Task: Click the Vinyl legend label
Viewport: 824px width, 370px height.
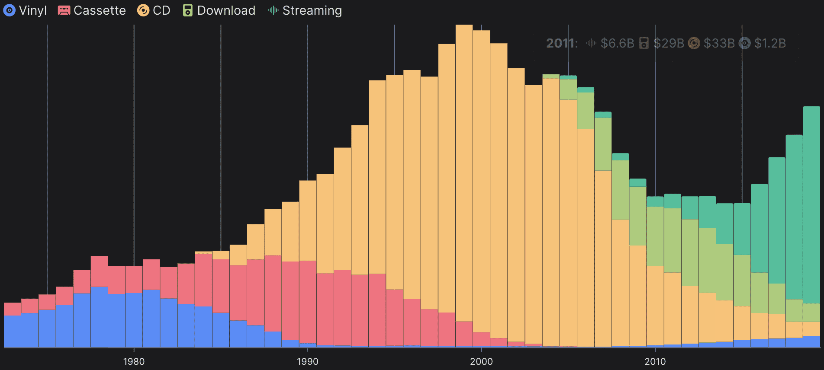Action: pyautogui.click(x=32, y=10)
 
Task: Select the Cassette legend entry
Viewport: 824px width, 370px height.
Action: pyautogui.click(x=99, y=10)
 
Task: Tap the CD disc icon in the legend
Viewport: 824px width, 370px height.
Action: pyautogui.click(x=143, y=10)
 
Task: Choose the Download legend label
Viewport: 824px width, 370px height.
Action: pyautogui.click(x=226, y=10)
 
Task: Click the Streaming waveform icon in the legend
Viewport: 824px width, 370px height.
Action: pyautogui.click(x=273, y=10)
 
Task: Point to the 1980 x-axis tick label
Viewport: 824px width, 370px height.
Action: pyautogui.click(x=134, y=361)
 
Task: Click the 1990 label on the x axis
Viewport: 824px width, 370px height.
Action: pyautogui.click(x=308, y=361)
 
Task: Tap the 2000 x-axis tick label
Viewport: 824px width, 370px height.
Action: pyautogui.click(x=481, y=361)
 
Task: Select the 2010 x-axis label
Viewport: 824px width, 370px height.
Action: pyautogui.click(x=655, y=361)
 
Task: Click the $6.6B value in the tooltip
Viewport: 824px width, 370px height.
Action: pyautogui.click(x=617, y=43)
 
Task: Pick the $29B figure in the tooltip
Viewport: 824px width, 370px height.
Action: pyautogui.click(x=669, y=43)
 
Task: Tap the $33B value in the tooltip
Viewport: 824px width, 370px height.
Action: pyautogui.click(x=719, y=43)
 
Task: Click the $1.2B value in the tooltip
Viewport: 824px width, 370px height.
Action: pyautogui.click(x=770, y=43)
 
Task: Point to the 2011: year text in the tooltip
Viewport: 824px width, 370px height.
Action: pyautogui.click(x=562, y=43)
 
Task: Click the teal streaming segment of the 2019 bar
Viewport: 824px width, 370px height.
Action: pyautogui.click(x=811, y=203)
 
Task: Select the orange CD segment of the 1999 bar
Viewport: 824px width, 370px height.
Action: pyautogui.click(x=464, y=173)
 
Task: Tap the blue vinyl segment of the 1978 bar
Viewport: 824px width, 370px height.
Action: pyautogui.click(x=99, y=316)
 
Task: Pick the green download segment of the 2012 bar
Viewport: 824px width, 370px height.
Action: pyautogui.click(x=690, y=252)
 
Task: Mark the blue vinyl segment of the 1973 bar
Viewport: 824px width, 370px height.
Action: pyautogui.click(x=13, y=331)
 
